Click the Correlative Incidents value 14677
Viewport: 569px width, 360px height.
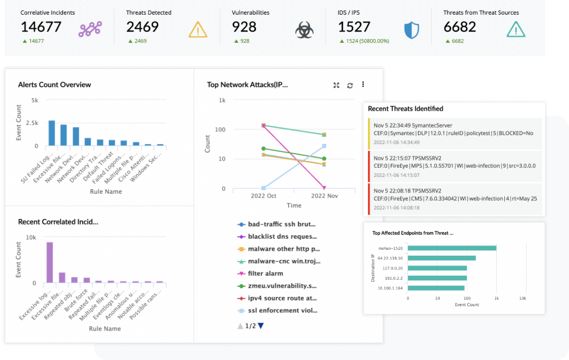[41, 27]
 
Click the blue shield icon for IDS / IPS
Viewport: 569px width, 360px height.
[411, 30]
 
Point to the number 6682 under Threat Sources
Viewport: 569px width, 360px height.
[460, 27]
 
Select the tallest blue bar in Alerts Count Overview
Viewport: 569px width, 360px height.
[52, 133]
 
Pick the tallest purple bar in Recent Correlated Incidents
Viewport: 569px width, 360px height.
[49, 263]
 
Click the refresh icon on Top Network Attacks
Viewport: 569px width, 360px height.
[350, 85]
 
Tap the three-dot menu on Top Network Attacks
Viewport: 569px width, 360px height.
[363, 85]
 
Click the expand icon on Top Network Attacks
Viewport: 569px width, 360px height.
[336, 85]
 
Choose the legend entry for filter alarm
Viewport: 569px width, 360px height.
[265, 274]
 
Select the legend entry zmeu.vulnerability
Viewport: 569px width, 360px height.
[282, 286]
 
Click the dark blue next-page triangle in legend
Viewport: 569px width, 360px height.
[261, 326]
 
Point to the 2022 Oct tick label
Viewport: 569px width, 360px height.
[264, 196]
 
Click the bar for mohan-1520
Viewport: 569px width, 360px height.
[452, 248]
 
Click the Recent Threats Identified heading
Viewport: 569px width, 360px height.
[405, 109]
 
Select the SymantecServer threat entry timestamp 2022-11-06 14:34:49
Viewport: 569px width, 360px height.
[397, 142]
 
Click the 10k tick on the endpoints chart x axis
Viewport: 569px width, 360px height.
[522, 298]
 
